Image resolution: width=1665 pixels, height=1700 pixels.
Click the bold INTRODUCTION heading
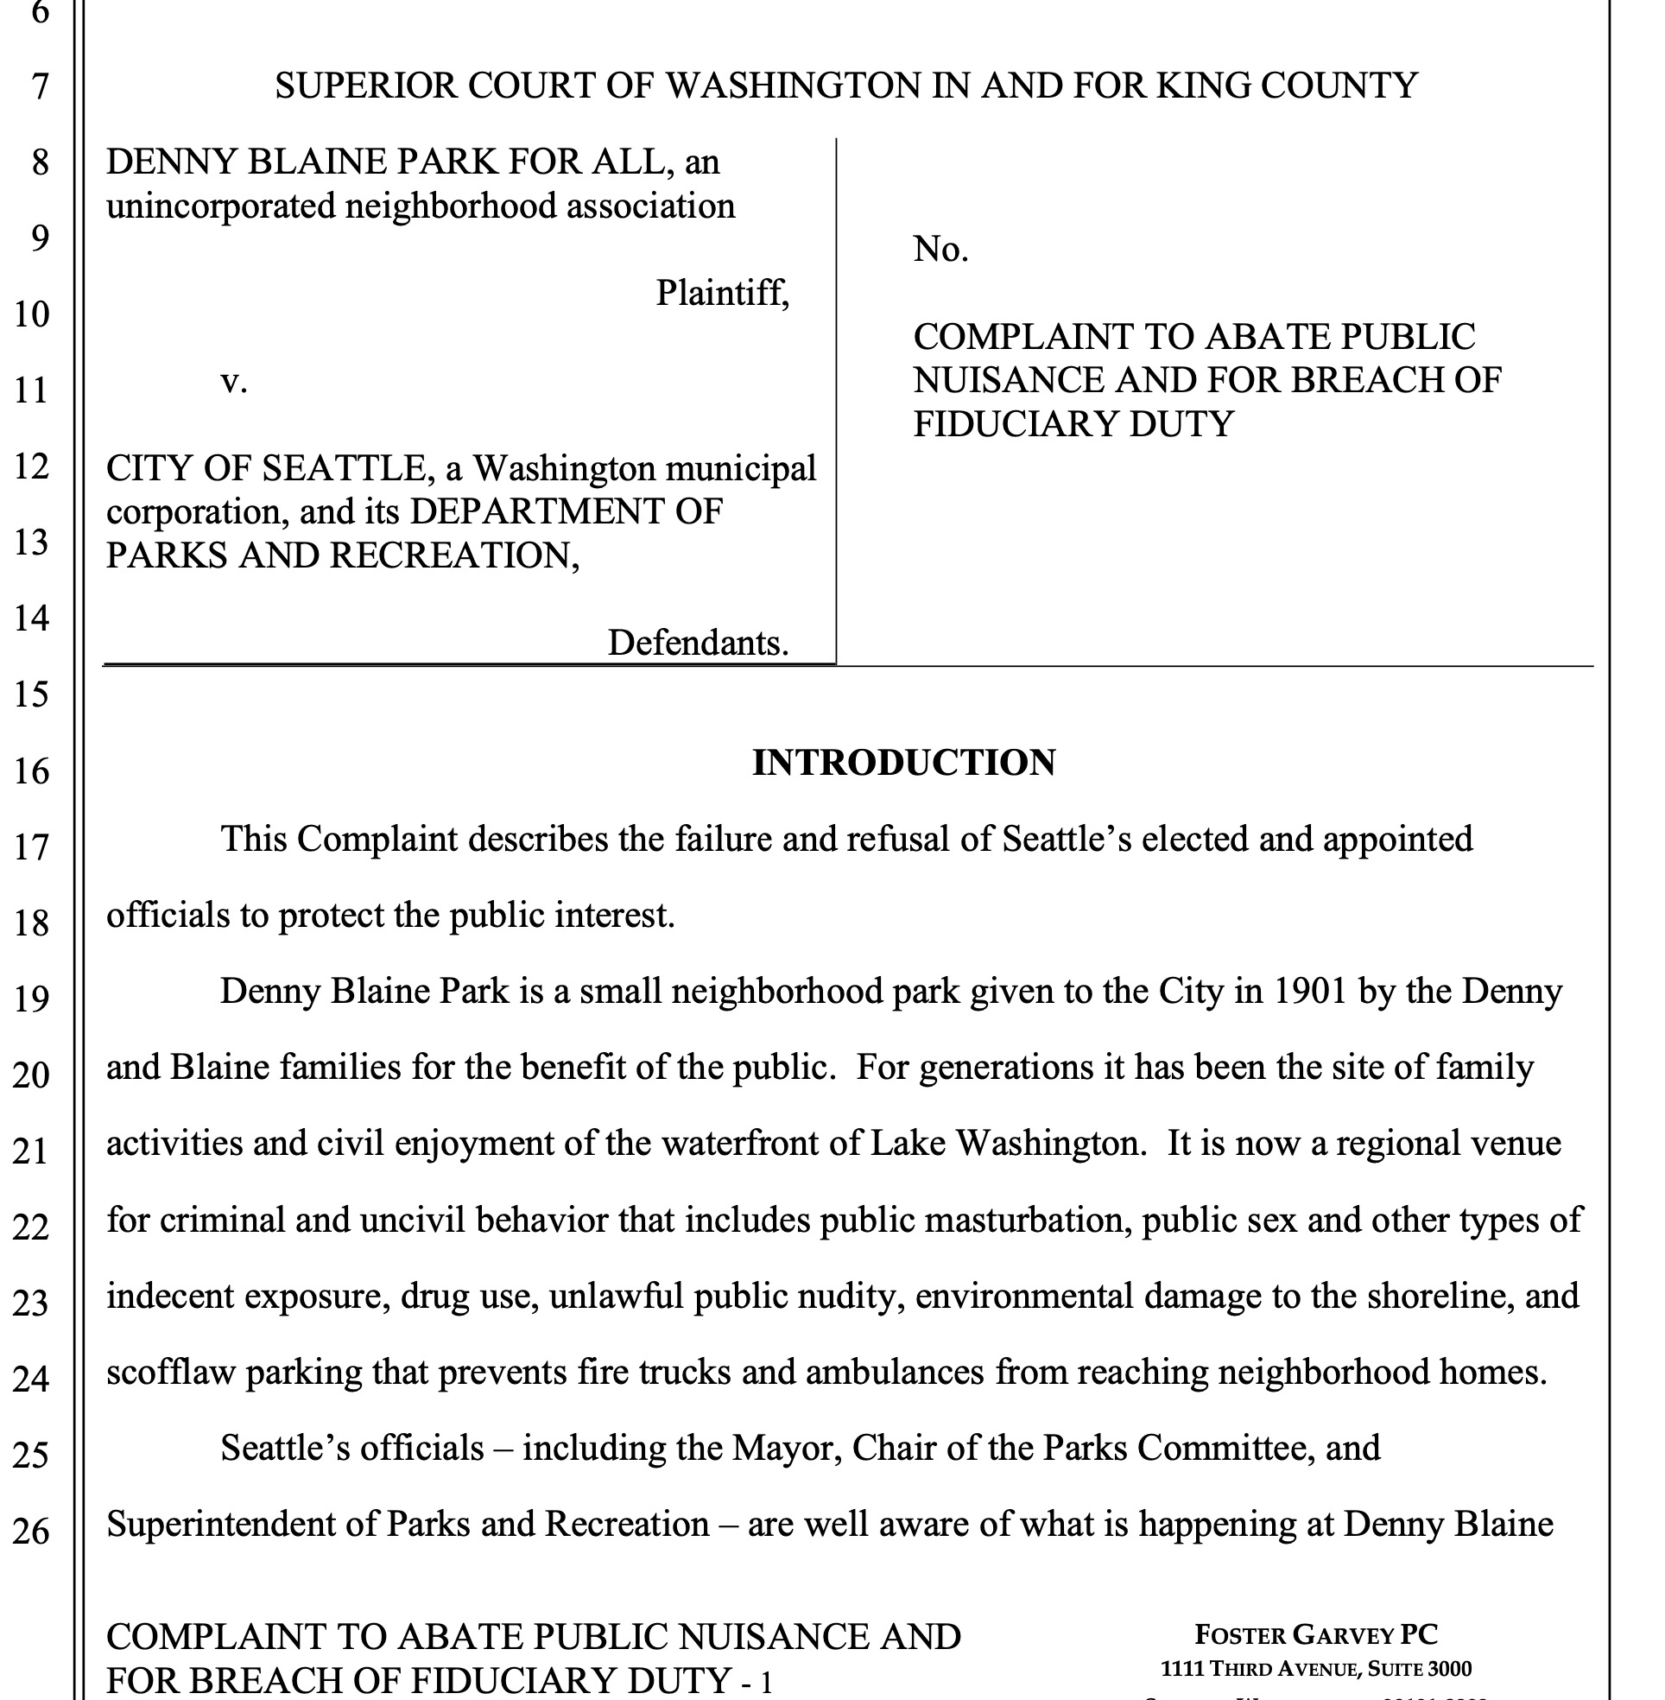903,763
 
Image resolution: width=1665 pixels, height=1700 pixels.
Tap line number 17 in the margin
31,847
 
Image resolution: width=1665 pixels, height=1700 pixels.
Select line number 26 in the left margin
31,1532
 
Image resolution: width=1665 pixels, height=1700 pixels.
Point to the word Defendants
697,643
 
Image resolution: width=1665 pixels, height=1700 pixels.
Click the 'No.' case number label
940,251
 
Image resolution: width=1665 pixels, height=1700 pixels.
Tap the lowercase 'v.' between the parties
233,381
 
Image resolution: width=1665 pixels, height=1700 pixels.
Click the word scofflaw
170,1372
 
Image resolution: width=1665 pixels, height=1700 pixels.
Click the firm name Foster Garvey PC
1315,1633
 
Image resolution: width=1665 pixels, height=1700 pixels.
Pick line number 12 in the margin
31,466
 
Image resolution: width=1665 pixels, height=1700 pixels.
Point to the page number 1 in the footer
766,1680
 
